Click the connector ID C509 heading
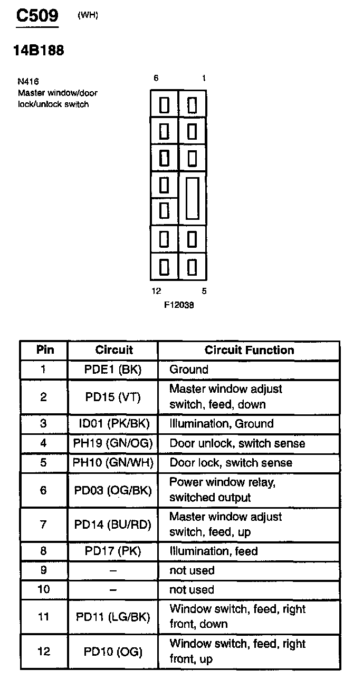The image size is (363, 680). coord(37,15)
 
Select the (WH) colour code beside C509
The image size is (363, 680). coord(88,15)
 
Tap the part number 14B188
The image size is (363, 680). coord(39,51)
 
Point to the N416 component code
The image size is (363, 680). coord(28,81)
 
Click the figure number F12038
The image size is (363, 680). coord(179,305)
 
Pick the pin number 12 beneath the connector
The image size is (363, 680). coord(156,291)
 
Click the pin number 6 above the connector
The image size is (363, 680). coord(156,79)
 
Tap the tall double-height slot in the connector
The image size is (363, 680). coord(193,198)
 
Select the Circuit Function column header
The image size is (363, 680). coord(249,350)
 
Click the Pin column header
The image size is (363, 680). coord(45,349)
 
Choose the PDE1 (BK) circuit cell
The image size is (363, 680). coord(113,370)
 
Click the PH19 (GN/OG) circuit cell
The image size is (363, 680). coord(113,443)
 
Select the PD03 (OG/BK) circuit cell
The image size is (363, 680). coord(113,490)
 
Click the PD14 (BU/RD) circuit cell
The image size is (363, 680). coord(113,524)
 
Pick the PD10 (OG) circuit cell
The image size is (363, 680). coord(113,652)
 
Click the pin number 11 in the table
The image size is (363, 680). coord(43,617)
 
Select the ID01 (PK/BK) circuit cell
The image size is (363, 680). coord(114,423)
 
